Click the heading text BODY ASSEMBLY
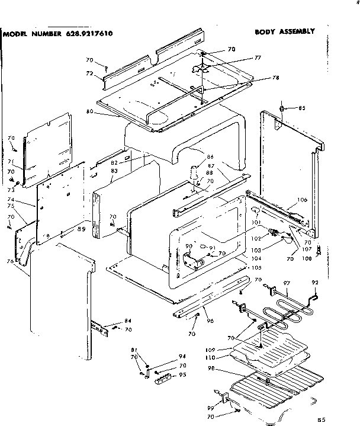(284, 31)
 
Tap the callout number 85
(301, 108)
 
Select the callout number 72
(90, 73)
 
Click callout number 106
(302, 200)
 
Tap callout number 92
(315, 282)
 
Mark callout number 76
(9, 261)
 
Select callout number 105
(256, 267)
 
